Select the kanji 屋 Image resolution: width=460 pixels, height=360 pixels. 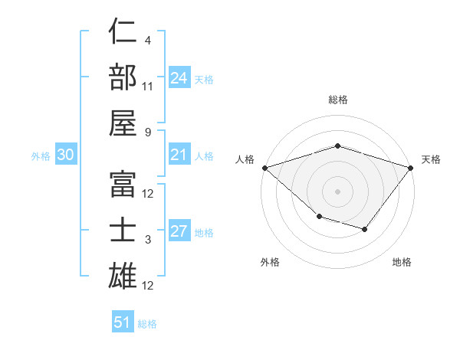(x=123, y=123)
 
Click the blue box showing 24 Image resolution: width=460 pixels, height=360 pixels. (x=179, y=78)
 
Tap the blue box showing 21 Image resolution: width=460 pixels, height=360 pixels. (x=179, y=155)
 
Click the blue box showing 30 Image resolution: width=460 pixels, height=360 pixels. (x=66, y=155)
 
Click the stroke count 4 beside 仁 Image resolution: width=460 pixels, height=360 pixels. (x=147, y=40)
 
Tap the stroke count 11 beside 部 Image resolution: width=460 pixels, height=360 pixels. (x=148, y=86)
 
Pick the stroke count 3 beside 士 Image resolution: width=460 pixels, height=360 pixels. (x=147, y=240)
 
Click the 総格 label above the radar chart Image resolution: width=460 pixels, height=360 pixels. (x=337, y=100)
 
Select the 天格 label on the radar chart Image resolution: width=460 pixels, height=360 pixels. (x=431, y=159)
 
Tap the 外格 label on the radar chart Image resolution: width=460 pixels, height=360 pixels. (x=270, y=262)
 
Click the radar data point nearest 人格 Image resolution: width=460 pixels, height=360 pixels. (x=264, y=168)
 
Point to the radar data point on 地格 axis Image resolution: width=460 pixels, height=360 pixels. (x=365, y=229)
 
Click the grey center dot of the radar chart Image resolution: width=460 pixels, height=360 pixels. (x=337, y=191)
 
